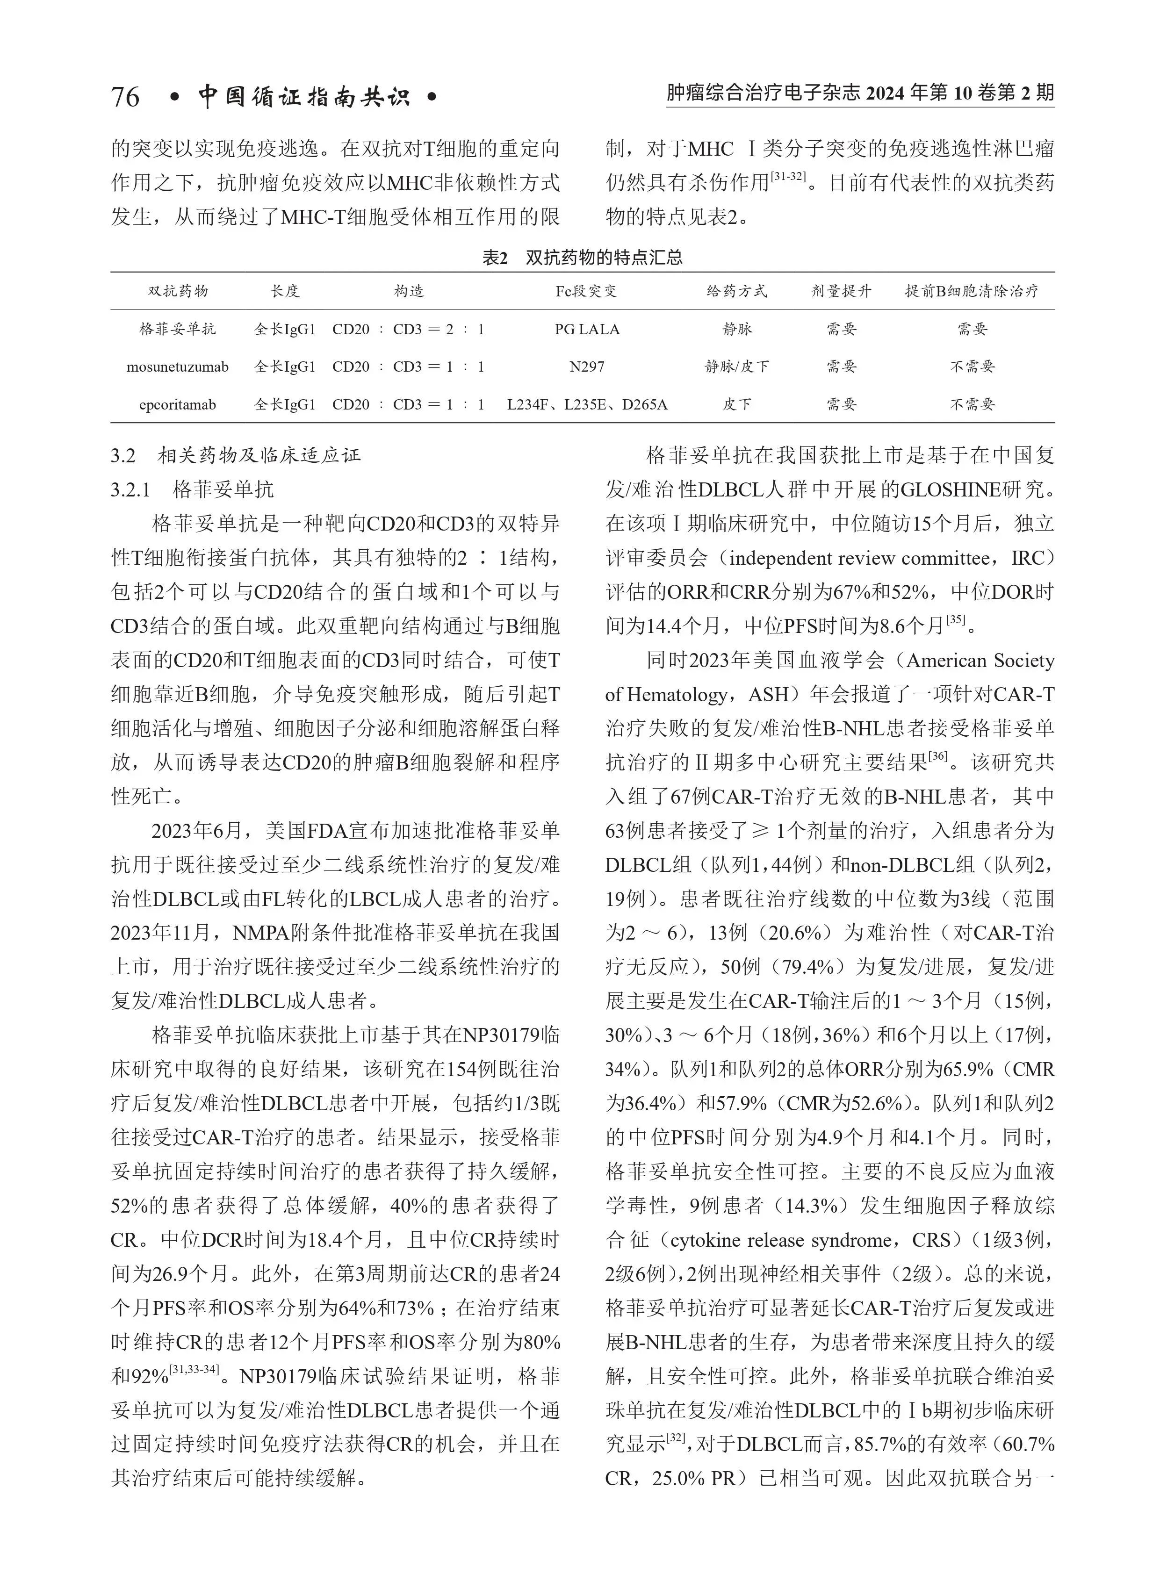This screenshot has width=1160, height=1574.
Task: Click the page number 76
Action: [x=125, y=97]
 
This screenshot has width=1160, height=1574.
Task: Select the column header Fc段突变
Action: [x=586, y=291]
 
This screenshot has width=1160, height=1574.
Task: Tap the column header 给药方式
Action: [x=736, y=291]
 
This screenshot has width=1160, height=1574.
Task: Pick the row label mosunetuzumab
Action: [x=178, y=367]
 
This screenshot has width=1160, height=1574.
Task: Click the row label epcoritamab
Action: [x=178, y=404]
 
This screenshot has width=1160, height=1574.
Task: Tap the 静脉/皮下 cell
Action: [x=736, y=367]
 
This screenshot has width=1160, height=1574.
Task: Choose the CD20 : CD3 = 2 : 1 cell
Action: [x=408, y=329]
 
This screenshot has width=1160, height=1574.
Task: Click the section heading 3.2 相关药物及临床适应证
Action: [x=235, y=456]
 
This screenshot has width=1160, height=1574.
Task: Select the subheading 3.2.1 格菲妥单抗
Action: [x=192, y=489]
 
